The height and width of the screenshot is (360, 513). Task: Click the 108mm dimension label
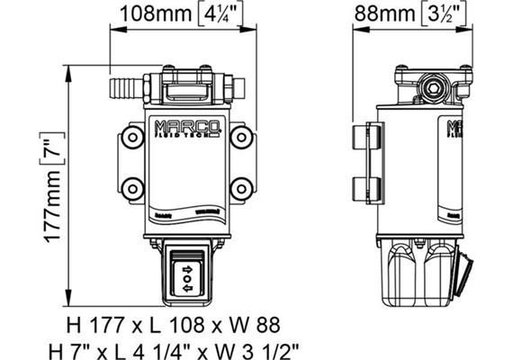[156, 13]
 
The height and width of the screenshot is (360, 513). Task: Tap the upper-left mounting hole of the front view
[132, 138]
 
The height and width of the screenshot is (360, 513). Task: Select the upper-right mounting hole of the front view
[240, 138]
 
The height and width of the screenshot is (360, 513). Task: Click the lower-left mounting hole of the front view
[132, 189]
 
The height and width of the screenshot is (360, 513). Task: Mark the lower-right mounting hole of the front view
[240, 189]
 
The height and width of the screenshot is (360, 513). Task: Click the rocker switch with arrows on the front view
[186, 276]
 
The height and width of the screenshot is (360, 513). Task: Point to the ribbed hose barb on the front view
[124, 87]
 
